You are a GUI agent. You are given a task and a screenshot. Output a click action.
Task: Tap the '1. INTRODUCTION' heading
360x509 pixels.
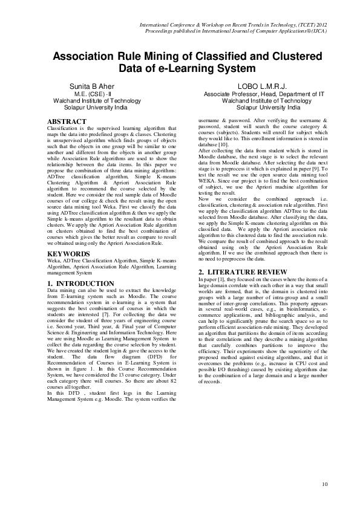(x=80, y=284)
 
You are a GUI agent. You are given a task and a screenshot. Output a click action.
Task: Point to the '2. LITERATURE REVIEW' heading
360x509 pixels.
(x=235, y=273)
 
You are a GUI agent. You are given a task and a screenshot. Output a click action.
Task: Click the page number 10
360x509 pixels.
(x=325, y=484)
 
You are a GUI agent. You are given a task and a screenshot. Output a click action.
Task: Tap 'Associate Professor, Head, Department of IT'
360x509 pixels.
(x=264, y=94)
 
